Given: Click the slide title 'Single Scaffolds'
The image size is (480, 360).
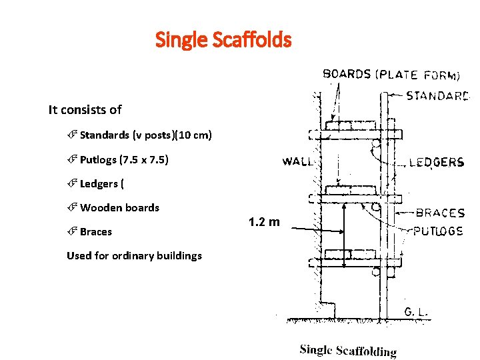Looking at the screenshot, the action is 223,40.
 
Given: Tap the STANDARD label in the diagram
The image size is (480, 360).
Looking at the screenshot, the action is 438,95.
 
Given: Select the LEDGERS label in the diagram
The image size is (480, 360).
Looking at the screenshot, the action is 436,162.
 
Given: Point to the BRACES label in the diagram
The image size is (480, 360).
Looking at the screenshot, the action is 440,213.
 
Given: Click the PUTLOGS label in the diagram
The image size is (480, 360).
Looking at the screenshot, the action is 439,231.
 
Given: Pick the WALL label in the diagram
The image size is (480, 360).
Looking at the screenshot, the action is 297,161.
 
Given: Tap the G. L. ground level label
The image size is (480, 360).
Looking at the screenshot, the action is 416,311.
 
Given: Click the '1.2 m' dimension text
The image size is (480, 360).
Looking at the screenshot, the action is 265,221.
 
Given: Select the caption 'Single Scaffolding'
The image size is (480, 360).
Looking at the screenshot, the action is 348,350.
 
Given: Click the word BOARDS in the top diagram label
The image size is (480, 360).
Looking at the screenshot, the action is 347,74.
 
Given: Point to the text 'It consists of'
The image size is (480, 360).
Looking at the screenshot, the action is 85,109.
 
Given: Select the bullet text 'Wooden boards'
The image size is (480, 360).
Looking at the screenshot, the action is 119,207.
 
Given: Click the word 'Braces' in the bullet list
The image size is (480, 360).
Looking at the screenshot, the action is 96,232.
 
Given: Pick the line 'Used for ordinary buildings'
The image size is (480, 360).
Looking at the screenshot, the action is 134,255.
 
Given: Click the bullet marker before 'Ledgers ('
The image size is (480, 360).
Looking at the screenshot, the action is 73,183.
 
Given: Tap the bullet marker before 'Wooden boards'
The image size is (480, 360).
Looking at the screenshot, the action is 73,207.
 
